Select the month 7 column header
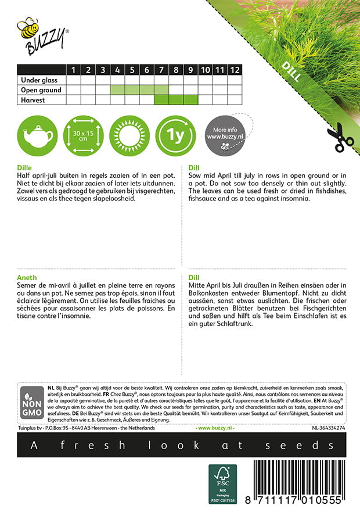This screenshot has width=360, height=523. pyautogui.click(x=161, y=70)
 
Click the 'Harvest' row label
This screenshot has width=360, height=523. pyautogui.click(x=32, y=100)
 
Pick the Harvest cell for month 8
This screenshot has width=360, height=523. pyautogui.click(x=176, y=100)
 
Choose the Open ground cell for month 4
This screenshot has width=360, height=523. pyautogui.click(x=117, y=90)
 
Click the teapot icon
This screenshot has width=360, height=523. pyautogui.click(x=35, y=135)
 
